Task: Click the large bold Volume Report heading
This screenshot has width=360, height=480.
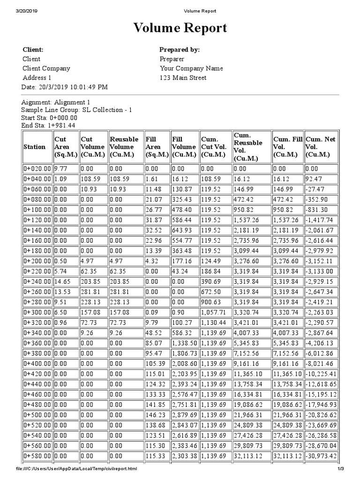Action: pos(180,29)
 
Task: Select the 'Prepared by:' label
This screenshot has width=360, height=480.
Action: pos(180,50)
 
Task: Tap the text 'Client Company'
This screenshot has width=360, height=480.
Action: pos(46,68)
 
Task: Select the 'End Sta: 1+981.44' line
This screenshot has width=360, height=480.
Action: pos(49,126)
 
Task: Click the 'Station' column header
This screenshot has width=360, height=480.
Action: pos(35,147)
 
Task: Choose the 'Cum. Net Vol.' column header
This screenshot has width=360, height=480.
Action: pos(321,147)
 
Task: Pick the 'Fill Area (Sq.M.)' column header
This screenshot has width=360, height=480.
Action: pos(157,147)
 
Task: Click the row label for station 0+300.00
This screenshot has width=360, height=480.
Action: pos(37,312)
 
